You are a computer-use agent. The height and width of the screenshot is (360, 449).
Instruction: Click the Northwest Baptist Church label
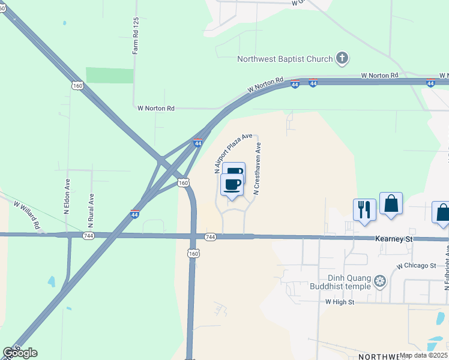tap(285, 59)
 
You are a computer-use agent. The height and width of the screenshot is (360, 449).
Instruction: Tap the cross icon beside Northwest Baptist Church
tap(342, 58)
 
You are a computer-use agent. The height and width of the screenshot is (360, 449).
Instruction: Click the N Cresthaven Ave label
tap(257, 169)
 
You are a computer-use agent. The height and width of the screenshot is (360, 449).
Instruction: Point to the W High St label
tap(341, 302)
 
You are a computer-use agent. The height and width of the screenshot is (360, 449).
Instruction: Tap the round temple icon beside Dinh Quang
tap(379, 281)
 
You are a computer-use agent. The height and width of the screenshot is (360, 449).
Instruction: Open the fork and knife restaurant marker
tap(364, 209)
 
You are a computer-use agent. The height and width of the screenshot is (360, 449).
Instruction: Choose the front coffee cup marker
tap(232, 184)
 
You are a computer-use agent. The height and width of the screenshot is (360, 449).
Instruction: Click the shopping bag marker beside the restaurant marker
tap(391, 203)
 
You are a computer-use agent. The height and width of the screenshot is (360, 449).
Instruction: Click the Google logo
tap(20, 353)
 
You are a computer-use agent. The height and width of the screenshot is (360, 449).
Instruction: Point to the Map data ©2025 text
tap(423, 355)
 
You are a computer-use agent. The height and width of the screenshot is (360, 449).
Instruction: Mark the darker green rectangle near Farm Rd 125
tap(109, 75)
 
